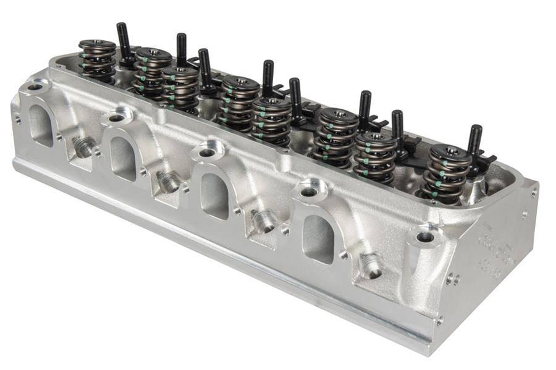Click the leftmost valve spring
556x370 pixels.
pyautogui.click(x=97, y=61)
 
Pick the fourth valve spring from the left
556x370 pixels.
pyautogui.click(x=240, y=102)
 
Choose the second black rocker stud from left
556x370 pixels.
pyautogui.click(x=182, y=52)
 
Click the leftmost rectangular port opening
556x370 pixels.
pyautogui.click(x=41, y=125)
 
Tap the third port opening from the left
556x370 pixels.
pyautogui.click(x=216, y=195)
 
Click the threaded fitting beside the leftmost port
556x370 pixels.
pyautogui.click(x=83, y=146)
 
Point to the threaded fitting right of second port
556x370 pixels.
pyautogui.click(x=167, y=181)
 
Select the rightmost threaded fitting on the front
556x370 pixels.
pyautogui.click(x=371, y=266)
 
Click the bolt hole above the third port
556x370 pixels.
pyautogui.click(x=207, y=152)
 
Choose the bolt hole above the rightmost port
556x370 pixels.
pyautogui.click(x=308, y=192)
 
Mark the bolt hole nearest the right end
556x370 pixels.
pyautogui.click(x=425, y=237)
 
